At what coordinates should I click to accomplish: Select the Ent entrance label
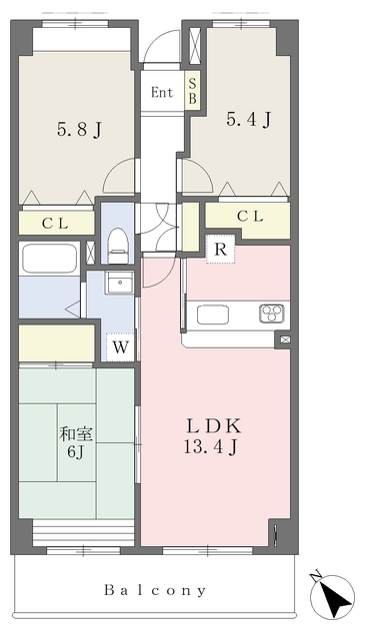pos(162,93)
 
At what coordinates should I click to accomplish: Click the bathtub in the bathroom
pos(49,262)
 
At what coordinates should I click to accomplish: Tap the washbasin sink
pos(119,284)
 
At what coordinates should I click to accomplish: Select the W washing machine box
pos(120,347)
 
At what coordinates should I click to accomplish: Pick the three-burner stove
pos(272,314)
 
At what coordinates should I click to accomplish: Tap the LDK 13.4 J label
pos(211,435)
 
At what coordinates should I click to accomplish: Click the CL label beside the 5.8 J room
pos(54,224)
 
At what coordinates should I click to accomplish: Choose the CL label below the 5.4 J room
pos(250,216)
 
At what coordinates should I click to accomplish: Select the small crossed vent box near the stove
pos(283,340)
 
